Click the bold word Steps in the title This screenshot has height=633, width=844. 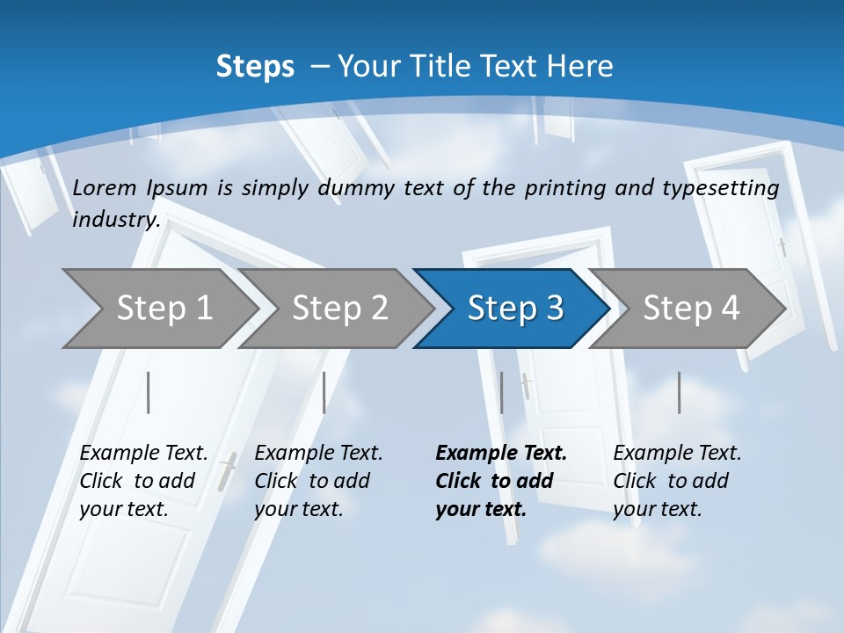(255, 67)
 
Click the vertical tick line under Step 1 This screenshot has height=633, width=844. (149, 392)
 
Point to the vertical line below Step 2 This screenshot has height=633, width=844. (324, 392)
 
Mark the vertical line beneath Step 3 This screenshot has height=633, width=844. (502, 392)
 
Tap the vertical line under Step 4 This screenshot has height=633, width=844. (680, 392)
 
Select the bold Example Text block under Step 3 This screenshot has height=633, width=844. (501, 481)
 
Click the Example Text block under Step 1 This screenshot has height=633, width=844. (143, 481)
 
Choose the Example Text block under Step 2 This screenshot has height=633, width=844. (318, 481)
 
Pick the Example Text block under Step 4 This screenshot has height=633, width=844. (677, 481)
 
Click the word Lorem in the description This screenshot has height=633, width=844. (105, 188)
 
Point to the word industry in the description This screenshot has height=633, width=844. (115, 220)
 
